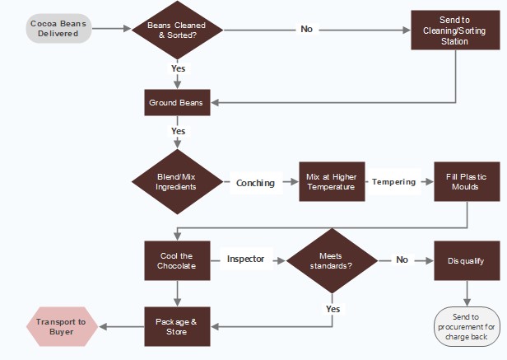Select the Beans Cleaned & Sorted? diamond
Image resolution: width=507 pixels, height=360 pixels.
coord(177,29)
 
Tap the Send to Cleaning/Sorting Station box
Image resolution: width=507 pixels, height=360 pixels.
coord(454,30)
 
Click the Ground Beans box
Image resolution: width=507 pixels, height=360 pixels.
coord(177,103)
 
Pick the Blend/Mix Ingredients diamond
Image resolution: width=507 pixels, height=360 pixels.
coord(177,182)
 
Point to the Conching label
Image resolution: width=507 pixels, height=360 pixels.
coord(255,183)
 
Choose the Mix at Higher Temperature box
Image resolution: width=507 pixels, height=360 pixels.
coord(331,182)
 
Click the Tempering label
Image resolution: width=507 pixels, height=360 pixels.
coord(393,182)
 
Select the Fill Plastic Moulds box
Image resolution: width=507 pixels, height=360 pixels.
coord(467,182)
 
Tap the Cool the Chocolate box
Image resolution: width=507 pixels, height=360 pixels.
coord(177,260)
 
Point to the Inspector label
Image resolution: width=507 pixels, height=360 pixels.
coord(246,259)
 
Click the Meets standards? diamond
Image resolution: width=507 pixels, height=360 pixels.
coord(332,260)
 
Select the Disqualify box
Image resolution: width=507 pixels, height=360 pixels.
coord(467,260)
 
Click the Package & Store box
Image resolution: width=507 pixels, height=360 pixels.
coord(177,327)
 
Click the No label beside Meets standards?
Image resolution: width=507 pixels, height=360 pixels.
coord(402,260)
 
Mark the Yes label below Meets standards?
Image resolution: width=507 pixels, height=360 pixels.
coord(333,309)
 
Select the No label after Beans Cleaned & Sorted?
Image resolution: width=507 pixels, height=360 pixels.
coord(306,29)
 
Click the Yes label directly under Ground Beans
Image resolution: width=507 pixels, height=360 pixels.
coord(178,131)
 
